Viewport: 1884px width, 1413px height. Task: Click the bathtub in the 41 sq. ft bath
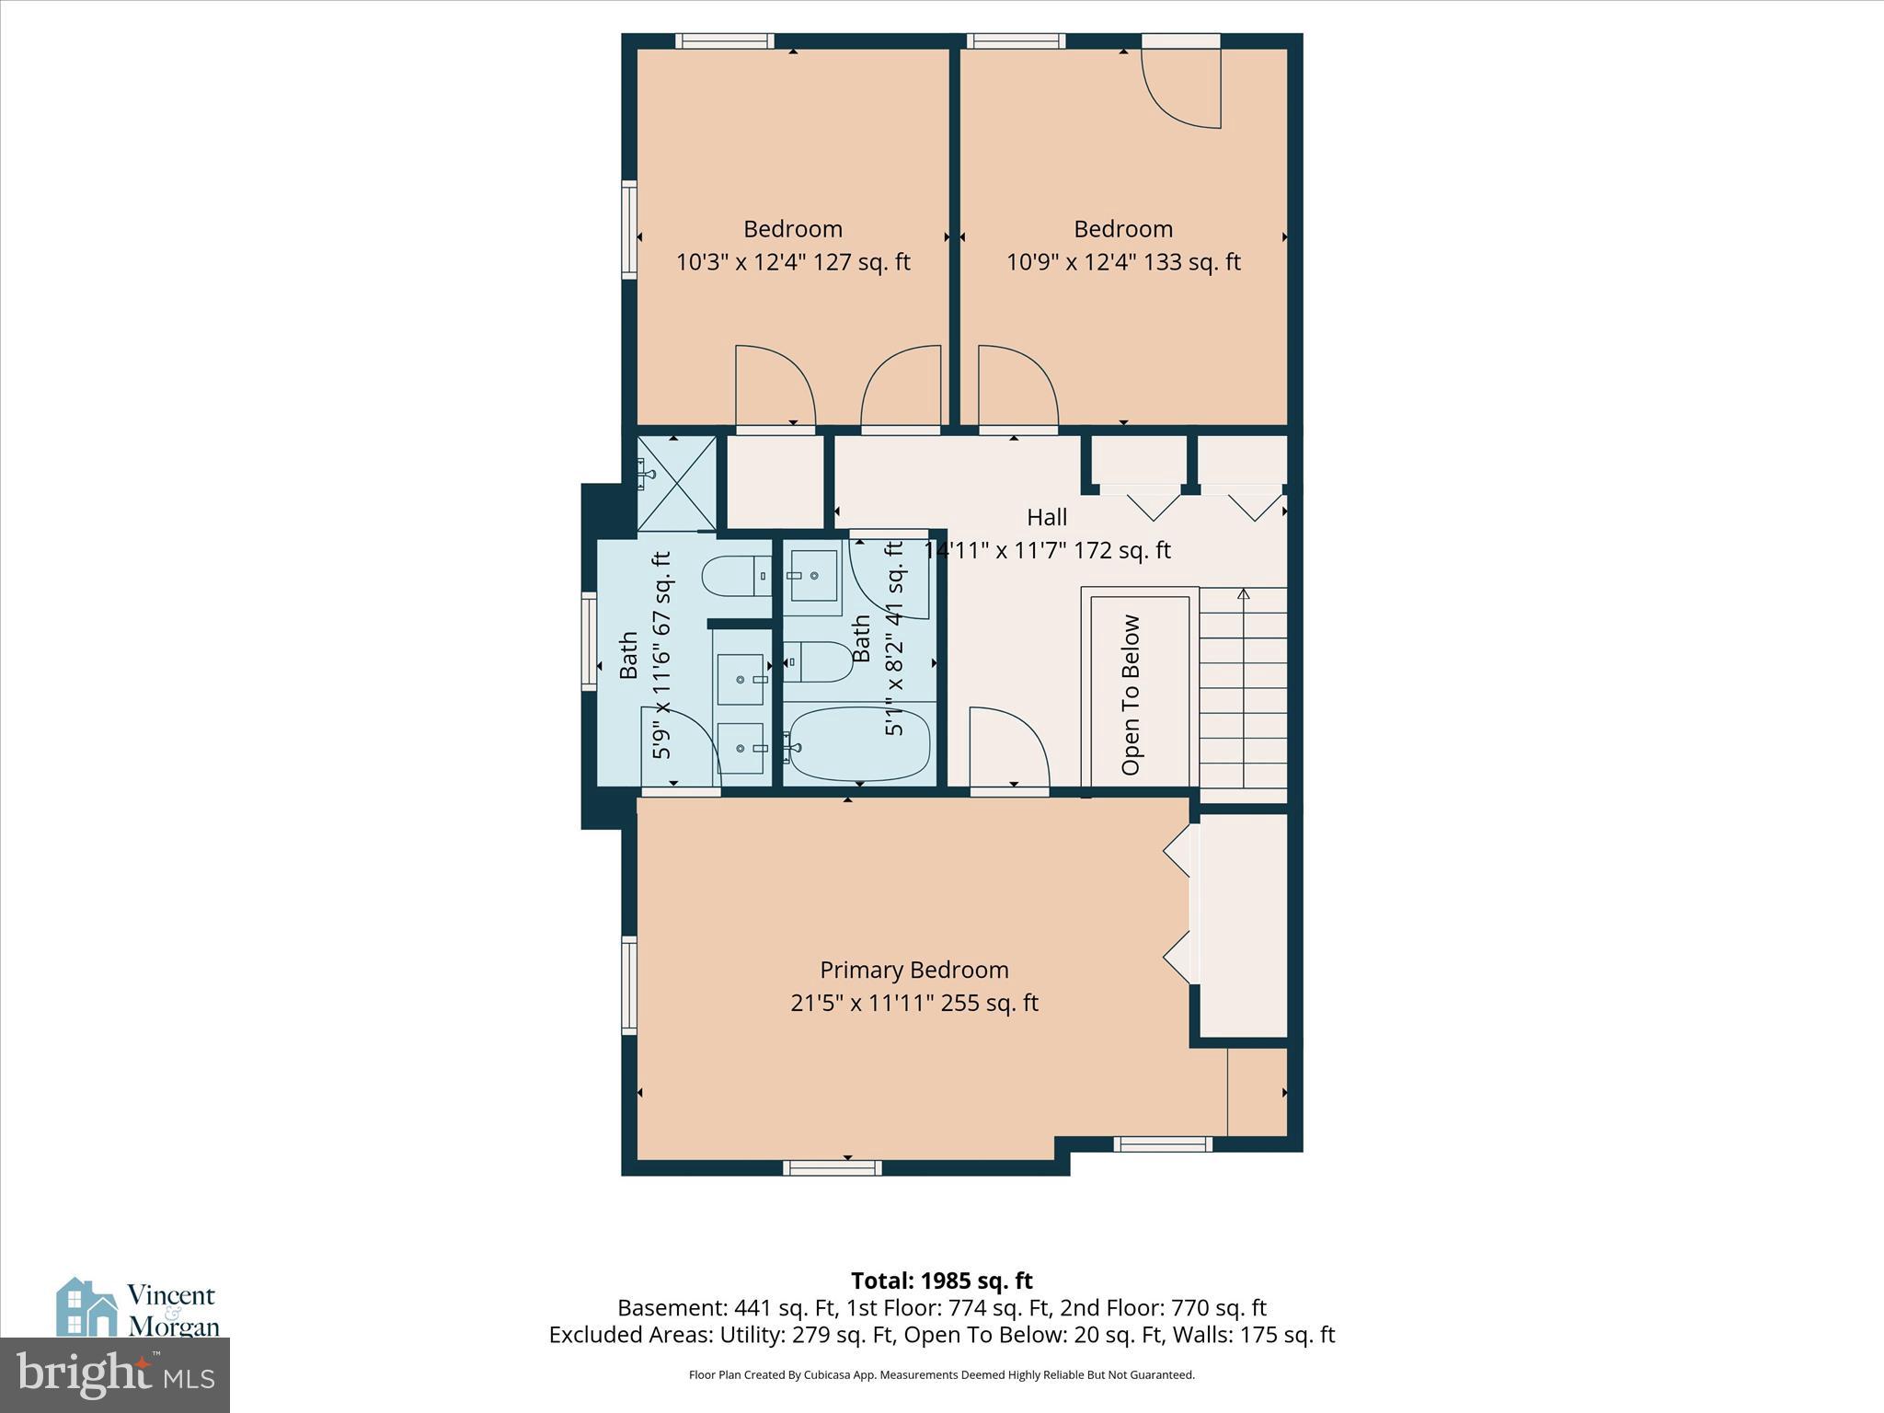click(858, 743)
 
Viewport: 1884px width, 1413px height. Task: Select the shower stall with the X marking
click(676, 484)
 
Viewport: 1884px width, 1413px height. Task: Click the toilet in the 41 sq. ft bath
click(821, 661)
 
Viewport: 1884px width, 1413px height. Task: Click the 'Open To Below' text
click(1131, 695)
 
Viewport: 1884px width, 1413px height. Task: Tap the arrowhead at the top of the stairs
click(1244, 594)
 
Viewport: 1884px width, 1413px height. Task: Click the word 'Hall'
click(1047, 517)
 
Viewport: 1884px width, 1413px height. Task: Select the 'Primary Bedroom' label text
click(913, 970)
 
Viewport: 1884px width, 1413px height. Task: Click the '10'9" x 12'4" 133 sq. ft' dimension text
click(1123, 262)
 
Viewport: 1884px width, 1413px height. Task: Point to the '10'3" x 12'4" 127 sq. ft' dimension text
click(793, 262)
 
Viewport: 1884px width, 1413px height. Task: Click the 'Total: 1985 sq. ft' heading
click(941, 1281)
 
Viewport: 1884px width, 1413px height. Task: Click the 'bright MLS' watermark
click(115, 1374)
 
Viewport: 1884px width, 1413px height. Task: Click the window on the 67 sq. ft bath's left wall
click(589, 640)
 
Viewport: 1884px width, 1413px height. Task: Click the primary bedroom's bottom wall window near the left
click(832, 1168)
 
